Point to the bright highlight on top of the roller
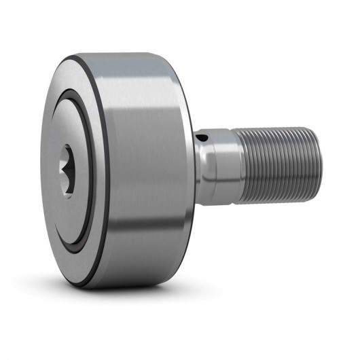[136, 68]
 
